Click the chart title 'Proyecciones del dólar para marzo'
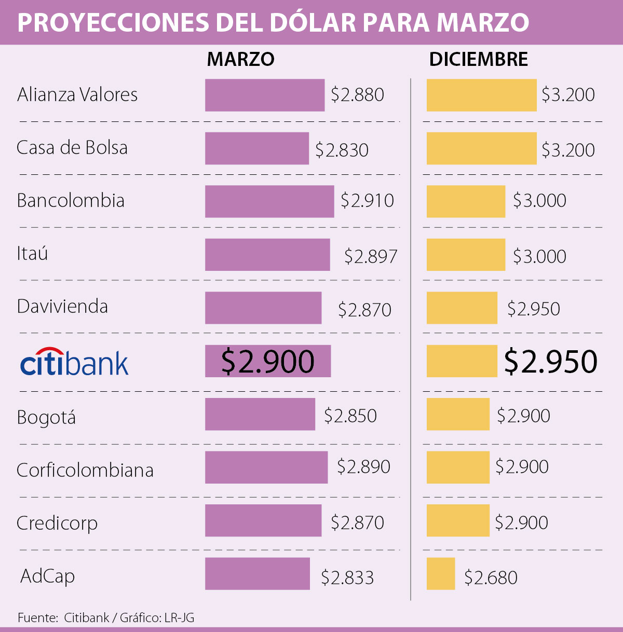point(274,22)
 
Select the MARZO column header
point(240,59)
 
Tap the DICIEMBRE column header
point(478,59)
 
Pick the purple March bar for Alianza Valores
point(265,95)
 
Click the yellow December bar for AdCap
point(441,573)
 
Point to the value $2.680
point(491,578)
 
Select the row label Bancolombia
point(71,200)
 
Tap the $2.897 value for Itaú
point(371,256)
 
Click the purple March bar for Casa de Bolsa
point(257,148)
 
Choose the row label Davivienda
point(62,306)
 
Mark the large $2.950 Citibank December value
point(550,362)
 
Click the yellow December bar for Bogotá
point(458,414)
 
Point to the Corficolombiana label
point(85,470)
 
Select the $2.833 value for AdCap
point(347,578)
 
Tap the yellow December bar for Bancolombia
point(466,201)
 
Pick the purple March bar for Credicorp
point(263,520)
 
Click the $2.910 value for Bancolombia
point(367,200)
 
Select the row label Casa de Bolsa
point(72,147)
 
